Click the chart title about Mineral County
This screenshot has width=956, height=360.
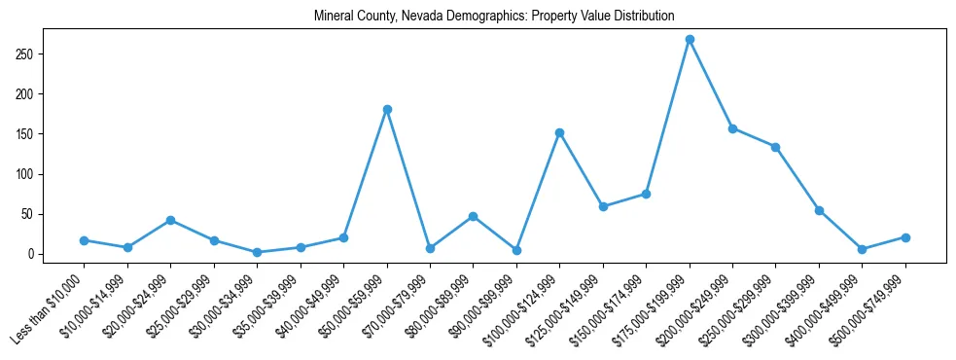(x=494, y=17)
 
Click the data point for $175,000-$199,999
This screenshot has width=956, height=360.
(x=690, y=40)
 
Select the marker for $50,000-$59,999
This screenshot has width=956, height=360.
(x=387, y=109)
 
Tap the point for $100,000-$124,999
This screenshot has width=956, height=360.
(x=559, y=132)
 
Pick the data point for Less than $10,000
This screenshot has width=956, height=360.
(x=85, y=240)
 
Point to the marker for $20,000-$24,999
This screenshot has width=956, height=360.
(x=171, y=220)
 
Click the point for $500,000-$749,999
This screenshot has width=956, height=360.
(x=905, y=237)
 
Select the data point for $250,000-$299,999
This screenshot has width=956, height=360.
(x=776, y=147)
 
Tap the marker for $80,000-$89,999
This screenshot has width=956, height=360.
(x=473, y=216)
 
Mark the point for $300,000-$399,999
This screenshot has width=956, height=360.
(x=819, y=210)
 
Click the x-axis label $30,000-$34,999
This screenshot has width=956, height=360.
(x=224, y=303)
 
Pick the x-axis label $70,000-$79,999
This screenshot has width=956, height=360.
(x=397, y=303)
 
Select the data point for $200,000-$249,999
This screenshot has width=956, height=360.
(x=732, y=128)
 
